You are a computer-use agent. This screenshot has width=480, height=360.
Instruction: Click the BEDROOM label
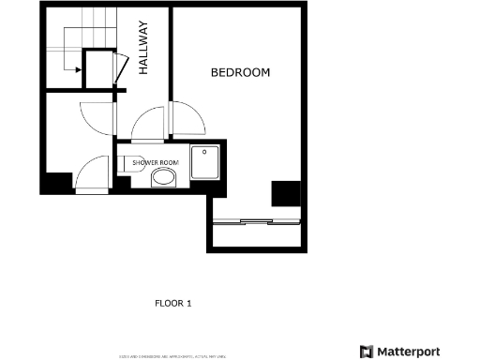coord(240,72)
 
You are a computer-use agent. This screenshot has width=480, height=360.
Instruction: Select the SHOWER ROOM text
coord(156,162)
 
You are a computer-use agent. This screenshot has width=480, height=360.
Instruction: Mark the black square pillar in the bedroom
coord(286,193)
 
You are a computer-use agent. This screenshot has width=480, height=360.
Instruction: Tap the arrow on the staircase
coord(71,67)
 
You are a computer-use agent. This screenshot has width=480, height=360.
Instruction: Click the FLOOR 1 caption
coord(172,303)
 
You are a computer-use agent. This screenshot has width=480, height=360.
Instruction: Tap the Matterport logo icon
coord(367,352)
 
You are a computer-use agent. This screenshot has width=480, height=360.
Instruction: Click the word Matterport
coord(409,352)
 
